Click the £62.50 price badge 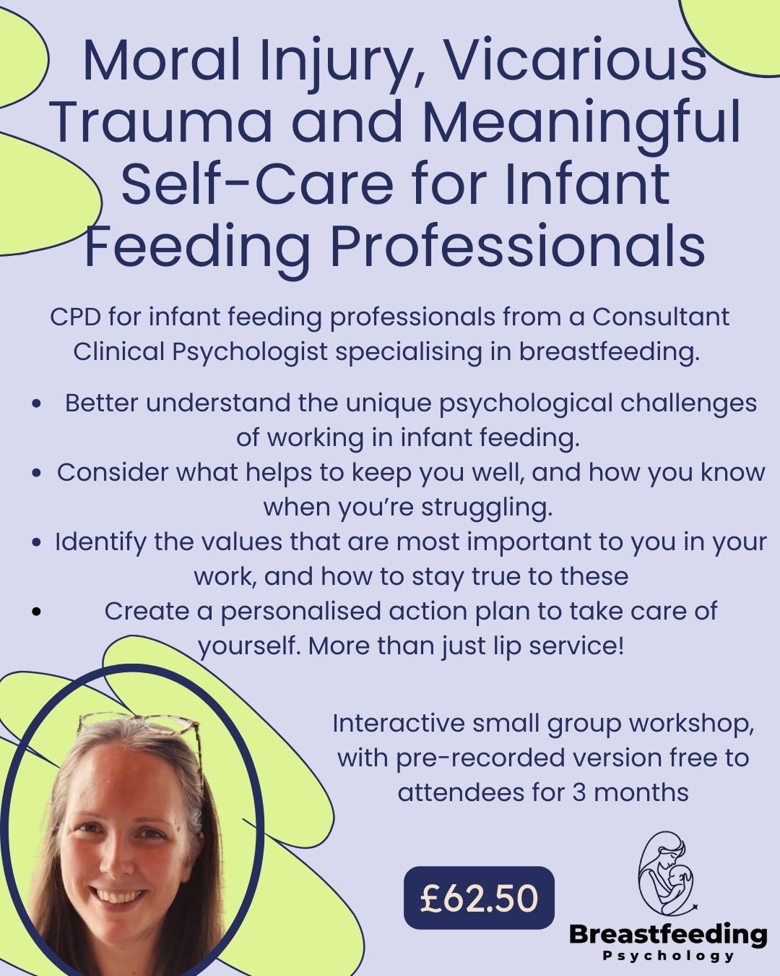tap(479, 898)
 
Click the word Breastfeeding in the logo tap(667, 934)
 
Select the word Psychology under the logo tap(667, 956)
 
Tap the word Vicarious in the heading tap(575, 61)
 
